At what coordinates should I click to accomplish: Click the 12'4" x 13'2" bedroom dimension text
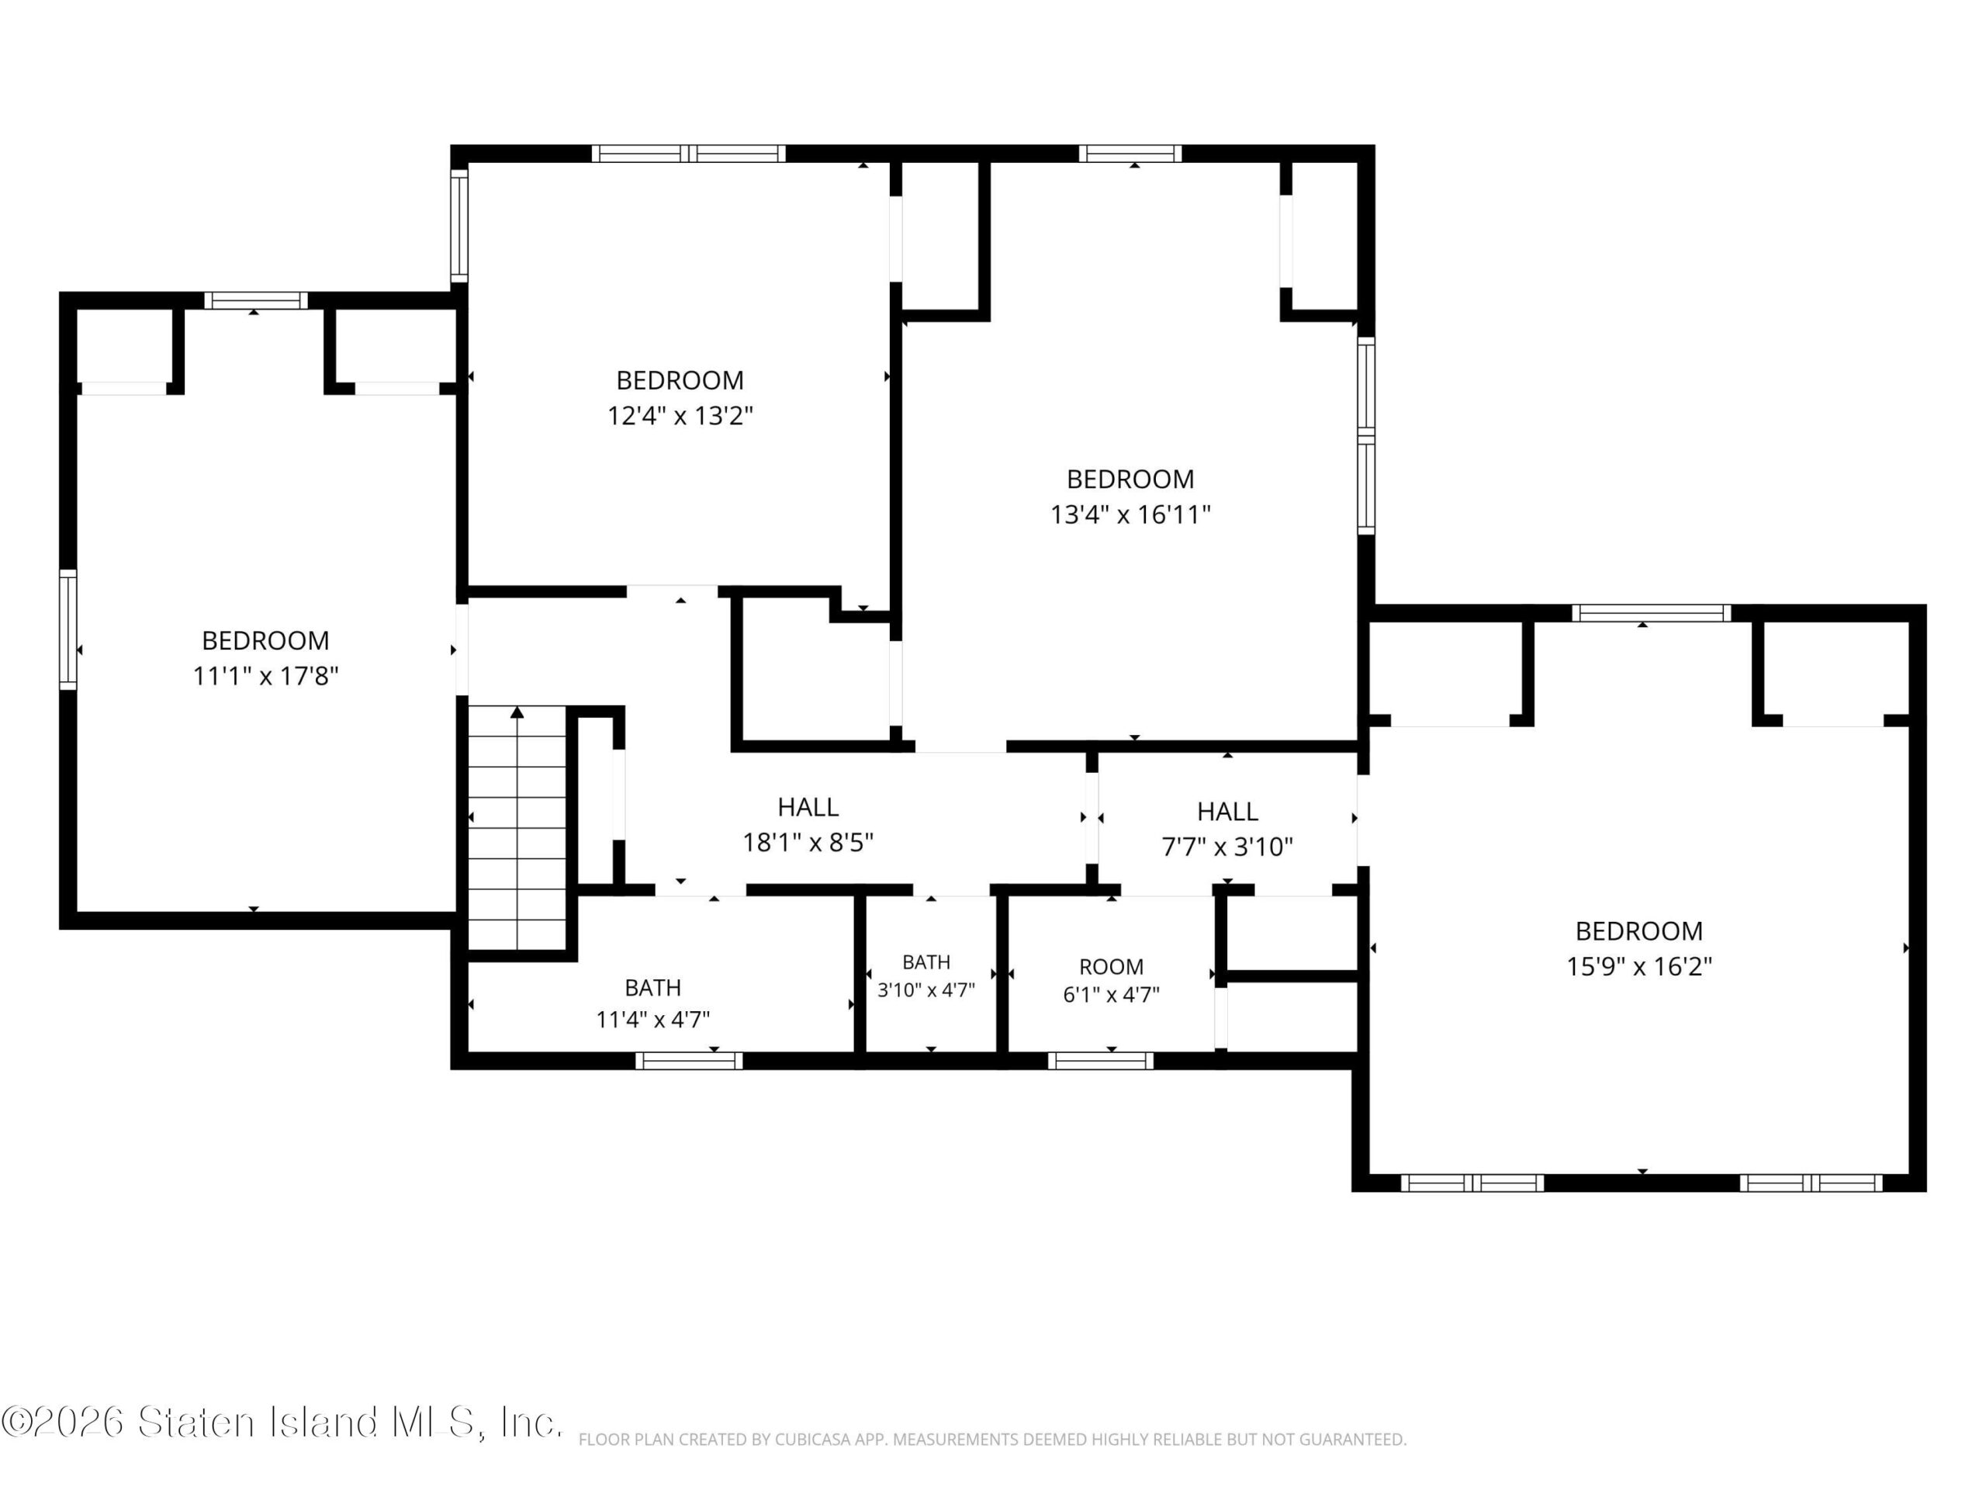[680, 416]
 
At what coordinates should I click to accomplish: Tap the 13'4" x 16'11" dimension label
[1130, 515]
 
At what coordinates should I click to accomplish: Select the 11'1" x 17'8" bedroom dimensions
[266, 675]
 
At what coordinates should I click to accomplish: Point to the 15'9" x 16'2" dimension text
[1639, 966]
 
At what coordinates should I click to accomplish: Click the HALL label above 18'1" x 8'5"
[808, 807]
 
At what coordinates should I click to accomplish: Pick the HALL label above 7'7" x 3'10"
[1227, 812]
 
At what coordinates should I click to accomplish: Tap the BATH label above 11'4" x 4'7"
[652, 988]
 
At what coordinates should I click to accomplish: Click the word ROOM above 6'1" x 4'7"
[1112, 967]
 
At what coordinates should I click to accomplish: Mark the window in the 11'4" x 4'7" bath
[690, 1061]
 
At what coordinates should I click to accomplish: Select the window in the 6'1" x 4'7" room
[1101, 1061]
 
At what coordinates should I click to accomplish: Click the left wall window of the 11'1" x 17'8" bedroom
[68, 629]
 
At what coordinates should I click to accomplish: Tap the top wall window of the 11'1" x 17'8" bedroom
[256, 301]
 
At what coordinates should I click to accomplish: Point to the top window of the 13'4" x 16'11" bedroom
[1130, 154]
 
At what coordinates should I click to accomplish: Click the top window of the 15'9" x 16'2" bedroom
[1651, 613]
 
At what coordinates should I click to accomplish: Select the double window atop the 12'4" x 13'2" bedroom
[689, 154]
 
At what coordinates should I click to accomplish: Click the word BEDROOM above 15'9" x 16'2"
[1639, 931]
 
